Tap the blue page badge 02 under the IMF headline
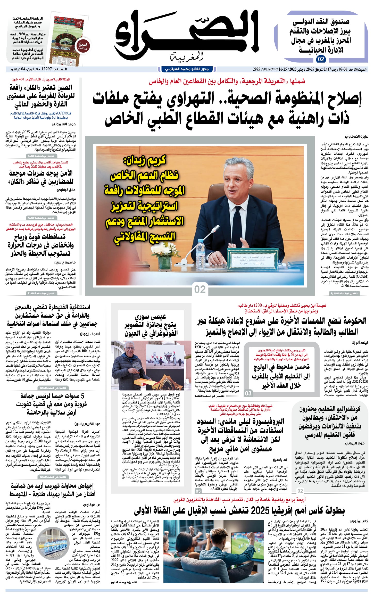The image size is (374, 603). coord(321,59)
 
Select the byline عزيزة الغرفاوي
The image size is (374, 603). coord(357,136)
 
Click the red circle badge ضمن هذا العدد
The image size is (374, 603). coord(83,46)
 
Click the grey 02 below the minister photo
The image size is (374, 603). coord(200,289)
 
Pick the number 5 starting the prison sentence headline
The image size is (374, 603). coord(82,396)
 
